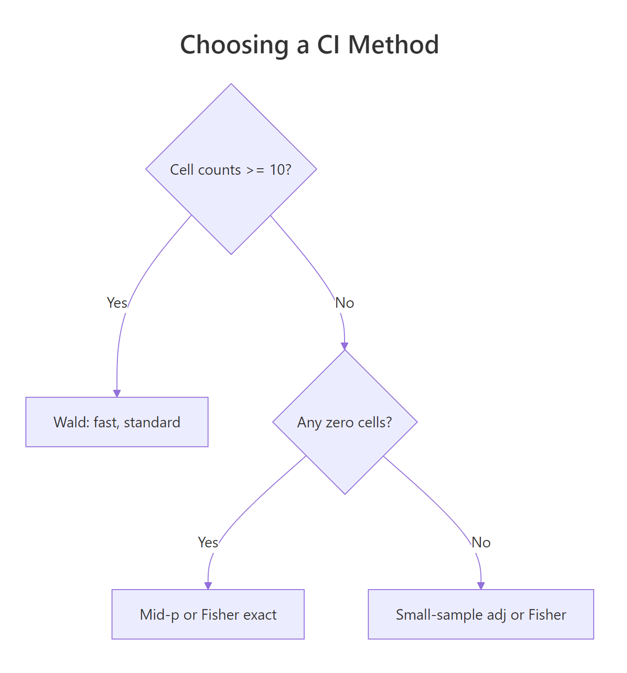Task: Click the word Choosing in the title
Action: [x=234, y=45]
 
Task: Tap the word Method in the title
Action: [x=393, y=45]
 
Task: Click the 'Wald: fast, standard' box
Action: [x=117, y=433]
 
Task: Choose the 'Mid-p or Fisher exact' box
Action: [x=208, y=626]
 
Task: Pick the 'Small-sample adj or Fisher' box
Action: [x=480, y=626]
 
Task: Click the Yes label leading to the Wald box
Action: [x=117, y=303]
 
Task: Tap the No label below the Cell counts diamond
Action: [x=345, y=303]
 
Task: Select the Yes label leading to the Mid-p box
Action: [x=208, y=542]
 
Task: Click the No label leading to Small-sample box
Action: [x=481, y=542]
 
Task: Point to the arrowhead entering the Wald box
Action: [x=117, y=394]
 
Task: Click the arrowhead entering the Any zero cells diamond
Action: [x=345, y=346]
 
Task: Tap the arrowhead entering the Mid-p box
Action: [x=208, y=586]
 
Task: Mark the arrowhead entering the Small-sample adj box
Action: [x=481, y=586]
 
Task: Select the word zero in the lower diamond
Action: [x=338, y=422]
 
